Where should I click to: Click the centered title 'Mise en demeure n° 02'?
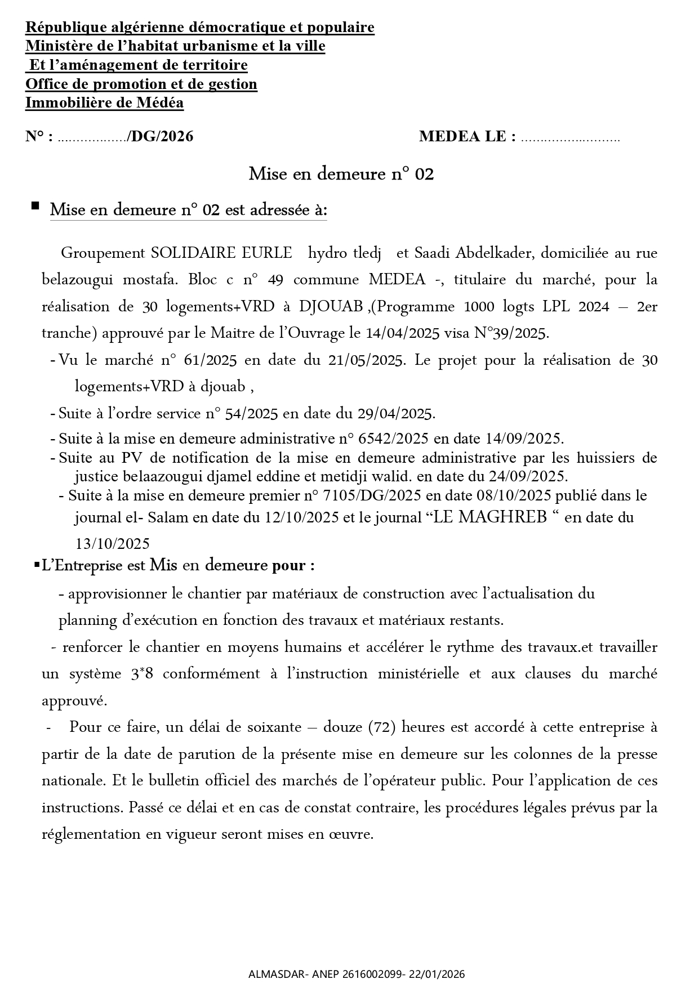tap(341, 175)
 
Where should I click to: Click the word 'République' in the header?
tap(62, 27)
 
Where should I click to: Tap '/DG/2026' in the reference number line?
tap(161, 136)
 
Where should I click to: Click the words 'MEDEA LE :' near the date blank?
tap(467, 136)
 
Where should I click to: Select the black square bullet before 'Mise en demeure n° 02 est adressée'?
tap(35, 206)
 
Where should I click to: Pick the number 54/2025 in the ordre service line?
tap(251, 414)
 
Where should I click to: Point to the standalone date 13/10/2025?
tap(112, 544)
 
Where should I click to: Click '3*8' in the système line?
tap(142, 674)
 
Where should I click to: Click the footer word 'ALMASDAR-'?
tap(270, 974)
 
